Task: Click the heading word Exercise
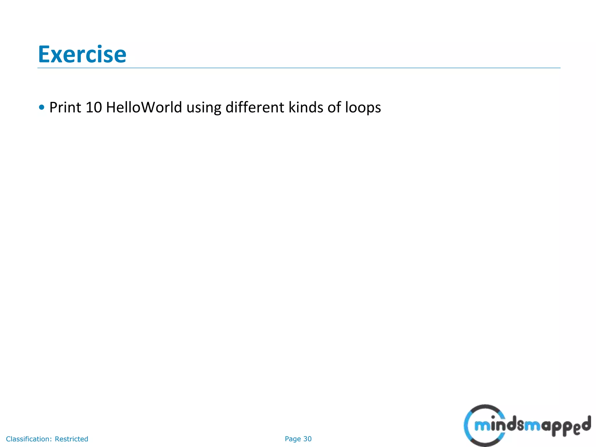pyautogui.click(x=82, y=54)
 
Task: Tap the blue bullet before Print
pyautogui.click(x=42, y=107)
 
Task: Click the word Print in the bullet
pyautogui.click(x=65, y=107)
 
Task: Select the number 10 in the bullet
pyautogui.click(x=94, y=107)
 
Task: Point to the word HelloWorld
pyautogui.click(x=144, y=107)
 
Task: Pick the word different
pyautogui.click(x=255, y=107)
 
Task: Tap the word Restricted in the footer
pyautogui.click(x=71, y=439)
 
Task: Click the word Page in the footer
pyautogui.click(x=293, y=439)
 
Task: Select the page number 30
pyautogui.click(x=307, y=439)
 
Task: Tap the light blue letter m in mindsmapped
pyautogui.click(x=482, y=426)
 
